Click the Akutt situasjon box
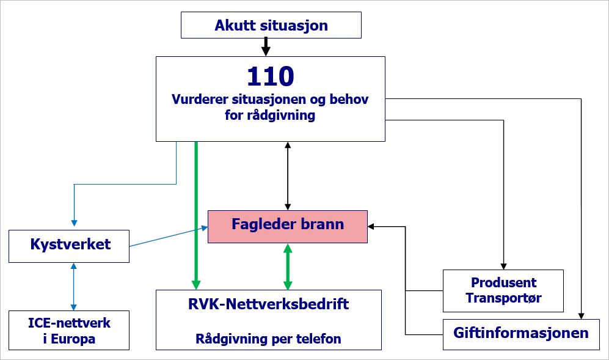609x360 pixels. [271, 26]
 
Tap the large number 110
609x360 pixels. [270, 76]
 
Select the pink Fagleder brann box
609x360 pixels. [288, 226]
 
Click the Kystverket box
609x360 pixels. [70, 245]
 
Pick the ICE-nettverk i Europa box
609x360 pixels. [69, 329]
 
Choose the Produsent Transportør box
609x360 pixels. [503, 291]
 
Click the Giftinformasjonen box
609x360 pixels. [520, 333]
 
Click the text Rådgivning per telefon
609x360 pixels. [268, 339]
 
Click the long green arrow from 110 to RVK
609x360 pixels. [195, 214]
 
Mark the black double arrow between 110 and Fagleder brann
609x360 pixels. [288, 176]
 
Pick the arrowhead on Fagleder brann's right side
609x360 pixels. [371, 226]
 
